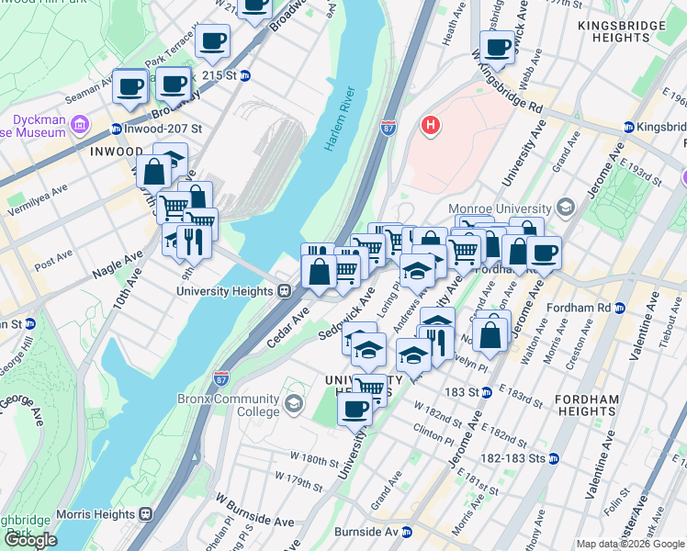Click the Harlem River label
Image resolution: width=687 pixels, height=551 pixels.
340,119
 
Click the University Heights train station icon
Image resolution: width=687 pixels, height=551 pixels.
285,291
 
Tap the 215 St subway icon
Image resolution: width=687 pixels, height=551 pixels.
245,75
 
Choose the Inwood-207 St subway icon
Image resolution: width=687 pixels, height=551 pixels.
117,129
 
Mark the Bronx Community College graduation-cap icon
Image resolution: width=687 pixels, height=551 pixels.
294,404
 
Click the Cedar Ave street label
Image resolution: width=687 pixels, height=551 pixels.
288,328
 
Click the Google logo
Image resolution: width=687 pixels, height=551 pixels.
31,540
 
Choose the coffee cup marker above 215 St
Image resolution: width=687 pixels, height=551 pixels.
212,40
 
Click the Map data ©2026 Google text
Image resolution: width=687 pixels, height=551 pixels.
629,544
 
